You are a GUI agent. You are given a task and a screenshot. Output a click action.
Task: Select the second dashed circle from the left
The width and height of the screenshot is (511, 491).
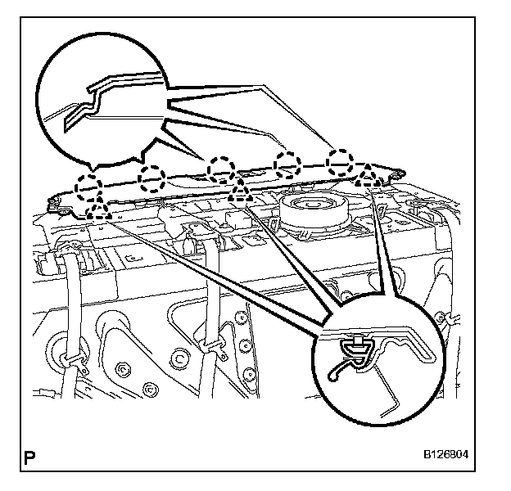point(152,176)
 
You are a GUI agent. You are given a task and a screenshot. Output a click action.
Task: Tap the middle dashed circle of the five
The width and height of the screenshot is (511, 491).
point(221,169)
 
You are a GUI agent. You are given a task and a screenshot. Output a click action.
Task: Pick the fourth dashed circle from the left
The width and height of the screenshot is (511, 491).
point(287,164)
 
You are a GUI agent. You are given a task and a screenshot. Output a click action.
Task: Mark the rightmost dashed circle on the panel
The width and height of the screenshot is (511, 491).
point(340,160)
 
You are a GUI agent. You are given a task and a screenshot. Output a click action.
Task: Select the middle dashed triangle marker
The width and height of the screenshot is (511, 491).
point(240,192)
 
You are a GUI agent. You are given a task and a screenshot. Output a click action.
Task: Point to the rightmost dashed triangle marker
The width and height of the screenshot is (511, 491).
point(368,173)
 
